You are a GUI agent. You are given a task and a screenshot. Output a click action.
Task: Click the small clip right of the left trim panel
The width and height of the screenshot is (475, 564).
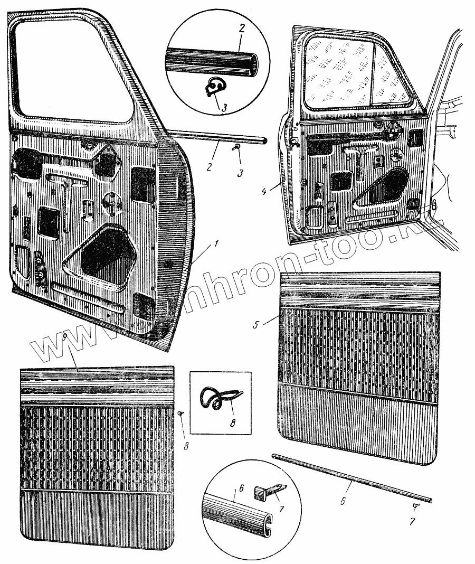[181, 413]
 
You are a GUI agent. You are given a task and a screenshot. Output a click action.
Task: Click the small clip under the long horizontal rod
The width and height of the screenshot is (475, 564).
[237, 147]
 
